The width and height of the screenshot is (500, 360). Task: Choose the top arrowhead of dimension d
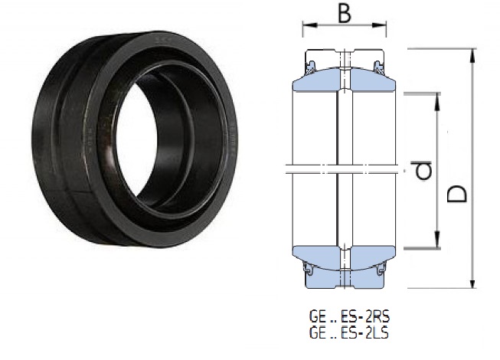(x=438, y=97)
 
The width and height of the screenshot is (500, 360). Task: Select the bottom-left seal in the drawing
(x=311, y=269)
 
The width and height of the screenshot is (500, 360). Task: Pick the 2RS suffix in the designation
(x=369, y=314)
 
